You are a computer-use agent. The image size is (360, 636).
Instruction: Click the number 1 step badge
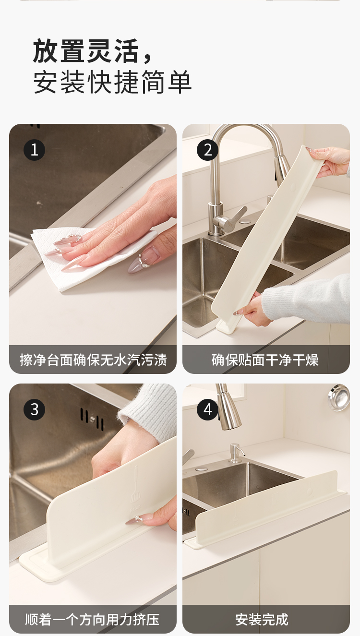(35, 150)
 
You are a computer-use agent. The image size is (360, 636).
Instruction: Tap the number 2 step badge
(207, 150)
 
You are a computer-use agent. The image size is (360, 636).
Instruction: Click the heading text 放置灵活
(86, 51)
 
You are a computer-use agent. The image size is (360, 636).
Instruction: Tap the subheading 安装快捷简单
(112, 82)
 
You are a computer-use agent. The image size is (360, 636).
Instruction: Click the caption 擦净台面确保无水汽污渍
(93, 360)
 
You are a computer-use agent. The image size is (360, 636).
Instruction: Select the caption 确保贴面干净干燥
(265, 360)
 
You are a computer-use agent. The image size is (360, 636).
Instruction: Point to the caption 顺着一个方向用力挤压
(93, 619)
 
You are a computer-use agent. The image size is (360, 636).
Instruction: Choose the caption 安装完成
(262, 619)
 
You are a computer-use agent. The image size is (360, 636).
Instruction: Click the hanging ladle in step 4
(339, 397)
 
